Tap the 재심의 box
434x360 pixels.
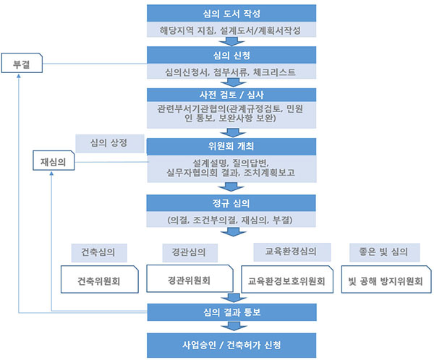tap(54, 162)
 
